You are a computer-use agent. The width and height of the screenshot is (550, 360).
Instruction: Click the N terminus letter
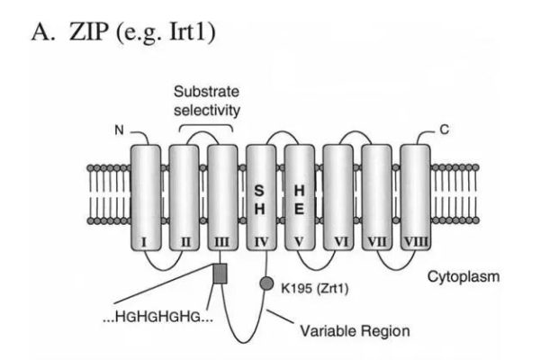[x=117, y=132]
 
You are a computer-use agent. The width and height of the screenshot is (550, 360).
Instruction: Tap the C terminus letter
[x=444, y=132]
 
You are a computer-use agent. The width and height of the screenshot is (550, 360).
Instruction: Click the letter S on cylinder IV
[x=259, y=191]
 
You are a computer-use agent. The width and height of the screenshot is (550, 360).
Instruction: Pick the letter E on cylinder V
[x=299, y=210]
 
